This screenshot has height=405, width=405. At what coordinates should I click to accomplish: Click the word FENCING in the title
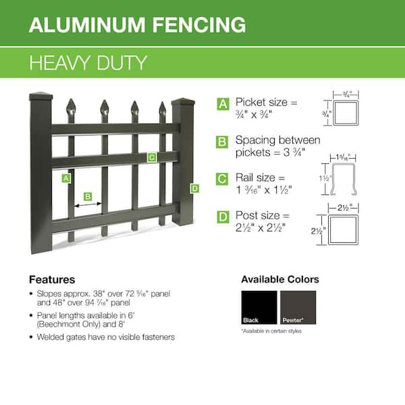pos(199,24)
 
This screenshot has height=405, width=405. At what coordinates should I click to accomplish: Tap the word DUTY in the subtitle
pos(122,63)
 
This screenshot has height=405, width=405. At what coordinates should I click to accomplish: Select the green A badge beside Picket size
pos(223,104)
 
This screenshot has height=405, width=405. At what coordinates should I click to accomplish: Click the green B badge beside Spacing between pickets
pos(222,142)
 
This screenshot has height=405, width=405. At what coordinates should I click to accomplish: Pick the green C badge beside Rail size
pos(222,179)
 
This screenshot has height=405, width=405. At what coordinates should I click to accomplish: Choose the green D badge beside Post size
pos(223,217)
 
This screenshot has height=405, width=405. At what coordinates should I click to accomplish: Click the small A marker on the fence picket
pos(66,178)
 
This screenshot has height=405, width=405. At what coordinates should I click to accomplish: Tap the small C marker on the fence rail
pos(152,157)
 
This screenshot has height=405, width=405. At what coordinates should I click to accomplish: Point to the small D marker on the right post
pos(195,188)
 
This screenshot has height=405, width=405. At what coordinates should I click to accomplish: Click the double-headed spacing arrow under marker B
pos(88,205)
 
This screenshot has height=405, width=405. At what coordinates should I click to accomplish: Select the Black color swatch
pos(259,307)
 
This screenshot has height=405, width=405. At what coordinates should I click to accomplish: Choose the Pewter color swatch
pos(298,307)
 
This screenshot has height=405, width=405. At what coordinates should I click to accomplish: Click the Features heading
pos(52,279)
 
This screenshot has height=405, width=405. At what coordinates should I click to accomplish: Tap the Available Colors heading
pos(280,279)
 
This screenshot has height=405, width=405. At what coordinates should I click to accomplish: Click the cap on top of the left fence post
pos(41,97)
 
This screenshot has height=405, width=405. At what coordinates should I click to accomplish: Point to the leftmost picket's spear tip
pos(71,99)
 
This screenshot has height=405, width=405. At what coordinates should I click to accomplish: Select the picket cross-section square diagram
pos(346,113)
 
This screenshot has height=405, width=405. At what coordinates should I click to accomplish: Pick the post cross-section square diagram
pos(344,230)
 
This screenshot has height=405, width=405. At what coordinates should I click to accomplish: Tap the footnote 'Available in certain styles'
pos(271,331)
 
